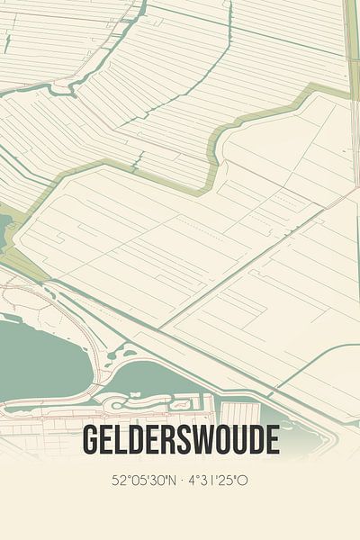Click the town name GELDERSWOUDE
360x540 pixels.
pyautogui.click(x=180, y=440)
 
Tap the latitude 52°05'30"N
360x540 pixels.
pyautogui.click(x=145, y=481)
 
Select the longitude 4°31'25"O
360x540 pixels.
pyautogui.click(x=218, y=481)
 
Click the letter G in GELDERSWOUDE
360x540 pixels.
pyautogui.click(x=91, y=440)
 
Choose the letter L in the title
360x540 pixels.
pyautogui.click(x=125, y=440)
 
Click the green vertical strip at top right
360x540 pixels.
pyautogui.click(x=353, y=36)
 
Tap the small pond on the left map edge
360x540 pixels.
pyautogui.click(x=5, y=229)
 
